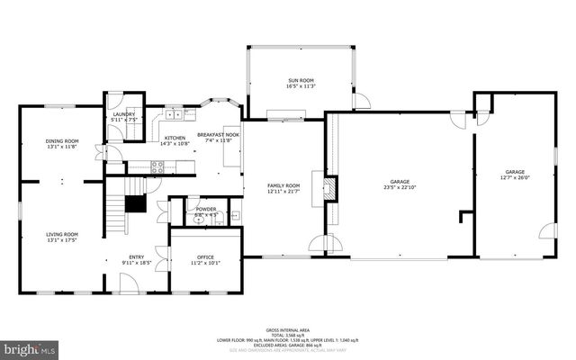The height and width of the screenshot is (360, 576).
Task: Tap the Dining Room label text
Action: (62, 141)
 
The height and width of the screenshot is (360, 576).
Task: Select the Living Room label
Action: (62, 234)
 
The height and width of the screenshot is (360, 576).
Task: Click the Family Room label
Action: (283, 185)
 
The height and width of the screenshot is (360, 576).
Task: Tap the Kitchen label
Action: (174, 138)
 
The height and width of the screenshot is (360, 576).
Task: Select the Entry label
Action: (136, 258)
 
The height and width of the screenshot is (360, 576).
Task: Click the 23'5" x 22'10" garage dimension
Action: (400, 187)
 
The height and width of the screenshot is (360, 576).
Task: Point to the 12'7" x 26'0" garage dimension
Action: (514, 176)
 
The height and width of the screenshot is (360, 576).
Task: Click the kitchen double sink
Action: (174, 115)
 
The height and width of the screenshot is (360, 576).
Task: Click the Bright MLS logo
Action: (30, 347)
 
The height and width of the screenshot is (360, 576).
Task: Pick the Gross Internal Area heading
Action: (288, 330)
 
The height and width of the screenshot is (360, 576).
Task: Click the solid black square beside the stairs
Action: (135, 203)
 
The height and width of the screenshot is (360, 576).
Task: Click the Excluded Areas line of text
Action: (288, 346)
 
